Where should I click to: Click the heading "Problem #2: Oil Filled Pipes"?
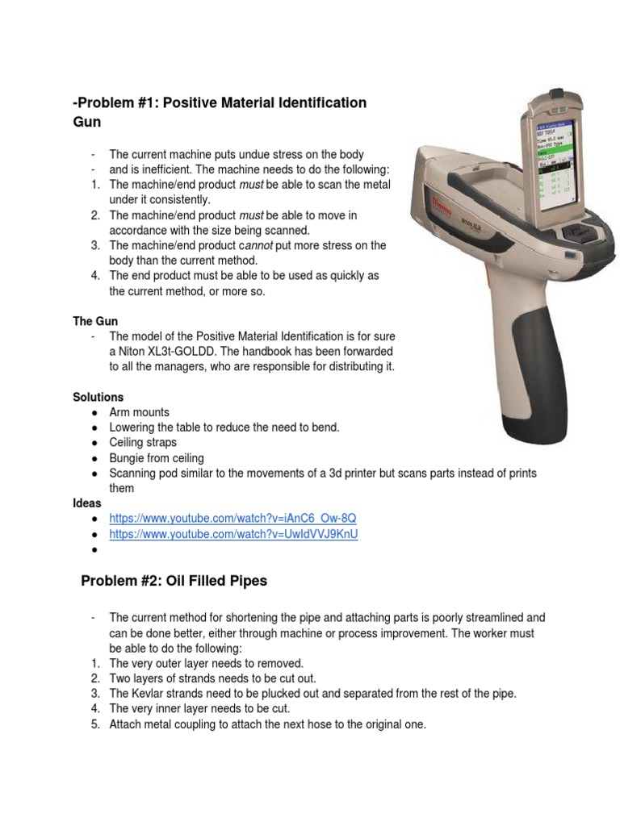[x=174, y=581]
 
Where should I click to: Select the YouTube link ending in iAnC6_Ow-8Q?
[x=232, y=518]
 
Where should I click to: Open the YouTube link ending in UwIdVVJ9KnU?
[x=233, y=534]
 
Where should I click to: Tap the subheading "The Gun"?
[x=95, y=321]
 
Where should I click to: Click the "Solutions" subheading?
[x=98, y=397]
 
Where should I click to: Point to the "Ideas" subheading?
[x=87, y=503]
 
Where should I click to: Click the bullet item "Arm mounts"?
[x=140, y=412]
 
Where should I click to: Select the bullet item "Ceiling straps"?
[x=143, y=443]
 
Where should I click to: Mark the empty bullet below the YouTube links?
[x=95, y=550]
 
